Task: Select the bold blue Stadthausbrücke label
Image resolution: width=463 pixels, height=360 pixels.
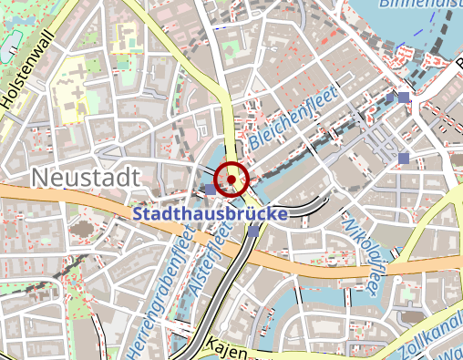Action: point(211,215)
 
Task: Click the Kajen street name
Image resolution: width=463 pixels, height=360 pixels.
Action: point(228,345)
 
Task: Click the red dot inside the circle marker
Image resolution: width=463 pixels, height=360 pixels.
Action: point(232,180)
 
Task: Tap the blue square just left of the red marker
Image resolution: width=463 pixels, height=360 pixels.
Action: point(211,189)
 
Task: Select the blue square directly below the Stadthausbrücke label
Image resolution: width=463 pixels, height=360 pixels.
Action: point(252,231)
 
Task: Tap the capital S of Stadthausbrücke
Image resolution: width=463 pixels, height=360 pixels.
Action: point(139,215)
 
